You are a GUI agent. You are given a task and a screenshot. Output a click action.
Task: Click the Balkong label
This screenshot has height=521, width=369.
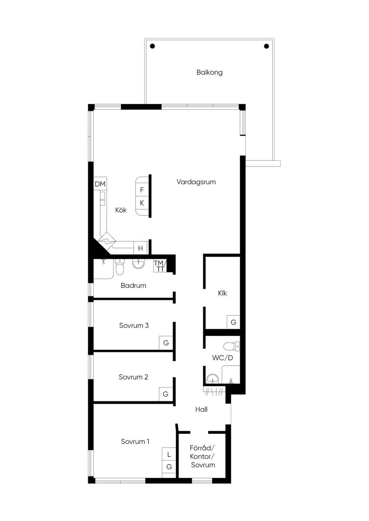click(x=209, y=72)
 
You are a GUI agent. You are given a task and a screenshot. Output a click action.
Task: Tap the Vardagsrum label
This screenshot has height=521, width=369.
click(x=196, y=182)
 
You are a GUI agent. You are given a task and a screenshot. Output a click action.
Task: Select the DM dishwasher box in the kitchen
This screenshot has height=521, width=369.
click(x=100, y=184)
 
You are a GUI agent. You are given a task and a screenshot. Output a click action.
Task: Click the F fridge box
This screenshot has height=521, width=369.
click(x=142, y=190)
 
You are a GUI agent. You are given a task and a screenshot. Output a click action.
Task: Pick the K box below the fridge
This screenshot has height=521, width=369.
click(x=142, y=203)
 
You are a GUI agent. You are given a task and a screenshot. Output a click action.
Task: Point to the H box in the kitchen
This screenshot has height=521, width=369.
click(x=141, y=248)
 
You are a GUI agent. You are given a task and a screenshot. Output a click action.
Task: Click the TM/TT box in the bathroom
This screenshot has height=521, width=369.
click(x=160, y=266)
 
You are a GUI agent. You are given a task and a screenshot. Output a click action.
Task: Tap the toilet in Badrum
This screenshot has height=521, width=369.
click(x=120, y=267)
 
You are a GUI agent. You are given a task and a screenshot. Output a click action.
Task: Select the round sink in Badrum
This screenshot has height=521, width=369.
click(x=138, y=264)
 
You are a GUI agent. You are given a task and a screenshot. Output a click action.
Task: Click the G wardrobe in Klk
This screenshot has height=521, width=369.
click(x=234, y=322)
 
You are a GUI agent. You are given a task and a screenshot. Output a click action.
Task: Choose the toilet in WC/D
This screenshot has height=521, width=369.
click(x=231, y=346)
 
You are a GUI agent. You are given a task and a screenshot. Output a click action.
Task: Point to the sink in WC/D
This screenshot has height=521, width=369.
click(x=213, y=379)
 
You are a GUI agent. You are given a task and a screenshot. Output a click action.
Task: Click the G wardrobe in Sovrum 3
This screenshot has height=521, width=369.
click(x=166, y=343)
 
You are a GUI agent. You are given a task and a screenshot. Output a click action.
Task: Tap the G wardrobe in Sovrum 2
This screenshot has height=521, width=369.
click(x=166, y=394)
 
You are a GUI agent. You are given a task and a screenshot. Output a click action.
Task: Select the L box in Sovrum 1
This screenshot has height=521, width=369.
click(x=169, y=454)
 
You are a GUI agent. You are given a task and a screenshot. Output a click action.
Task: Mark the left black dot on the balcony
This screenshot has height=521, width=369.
click(x=152, y=46)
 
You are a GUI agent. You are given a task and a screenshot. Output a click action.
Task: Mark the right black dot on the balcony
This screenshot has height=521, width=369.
click(x=267, y=46)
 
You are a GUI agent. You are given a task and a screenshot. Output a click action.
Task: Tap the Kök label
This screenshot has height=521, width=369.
click(x=121, y=210)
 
